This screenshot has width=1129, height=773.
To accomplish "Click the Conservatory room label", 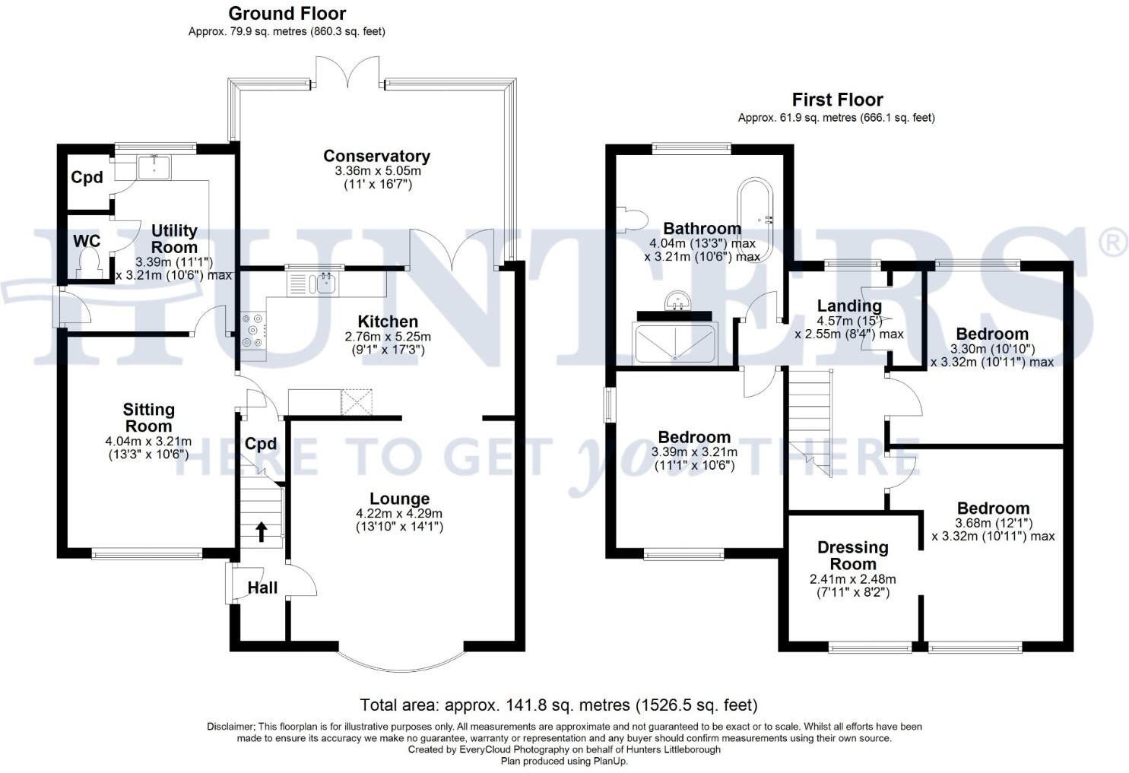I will pyautogui.click(x=376, y=156).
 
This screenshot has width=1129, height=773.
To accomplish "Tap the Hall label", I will pyautogui.click(x=262, y=588).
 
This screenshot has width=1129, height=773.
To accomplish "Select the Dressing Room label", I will pyautogui.click(x=852, y=556).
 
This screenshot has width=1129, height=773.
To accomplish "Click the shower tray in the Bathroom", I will pyautogui.click(x=674, y=344).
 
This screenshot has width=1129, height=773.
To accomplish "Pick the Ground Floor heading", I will pyautogui.click(x=287, y=14).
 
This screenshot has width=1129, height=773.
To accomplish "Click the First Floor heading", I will pyautogui.click(x=837, y=100).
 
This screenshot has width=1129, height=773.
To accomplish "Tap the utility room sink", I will pyautogui.click(x=155, y=166).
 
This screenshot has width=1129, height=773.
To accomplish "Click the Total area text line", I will pyautogui.click(x=559, y=705).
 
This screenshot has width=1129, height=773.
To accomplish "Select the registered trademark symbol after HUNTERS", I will pyautogui.click(x=1113, y=242).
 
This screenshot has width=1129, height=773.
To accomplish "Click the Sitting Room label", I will pyautogui.click(x=149, y=418).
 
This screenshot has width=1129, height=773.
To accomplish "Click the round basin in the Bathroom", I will pyautogui.click(x=676, y=301).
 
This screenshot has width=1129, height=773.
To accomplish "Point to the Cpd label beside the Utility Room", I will pyautogui.click(x=87, y=177).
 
